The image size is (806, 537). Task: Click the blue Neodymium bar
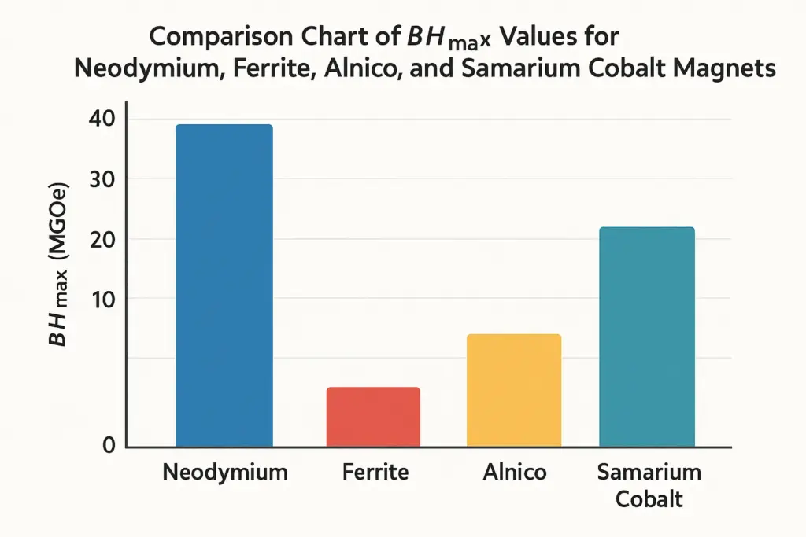point(224,285)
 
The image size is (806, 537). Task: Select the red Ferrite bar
point(373,417)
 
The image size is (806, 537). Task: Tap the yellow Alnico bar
point(514,390)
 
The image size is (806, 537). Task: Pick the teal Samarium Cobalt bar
point(647,337)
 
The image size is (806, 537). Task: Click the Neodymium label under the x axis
point(224,473)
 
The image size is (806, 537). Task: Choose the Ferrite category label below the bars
point(375,473)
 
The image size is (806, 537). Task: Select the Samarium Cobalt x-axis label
point(649,485)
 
